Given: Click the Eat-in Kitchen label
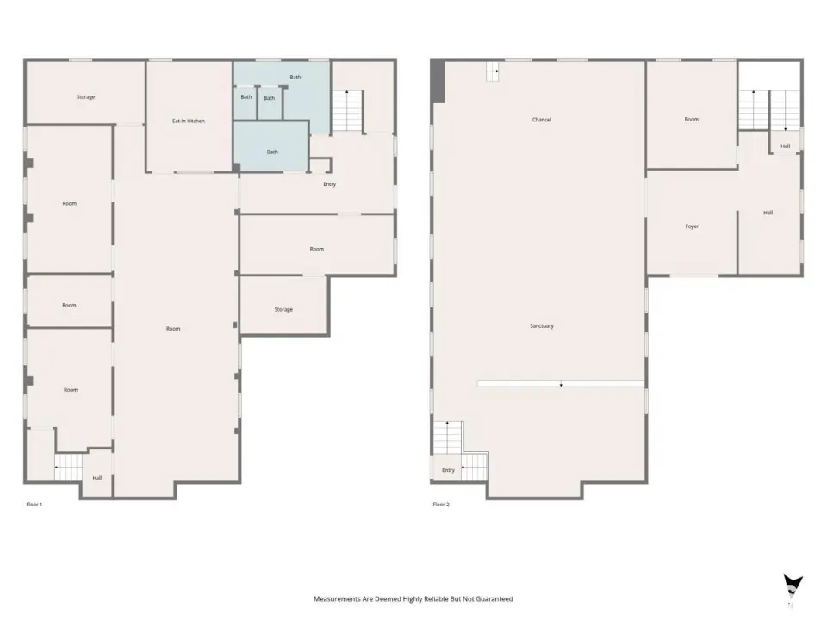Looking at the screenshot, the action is [189, 121].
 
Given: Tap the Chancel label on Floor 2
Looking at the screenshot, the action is [542, 120].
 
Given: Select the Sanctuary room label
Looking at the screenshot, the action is [542, 325].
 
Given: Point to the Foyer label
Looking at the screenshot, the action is [692, 226].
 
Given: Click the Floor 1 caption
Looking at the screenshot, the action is [34, 505].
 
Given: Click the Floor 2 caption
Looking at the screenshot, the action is [441, 505].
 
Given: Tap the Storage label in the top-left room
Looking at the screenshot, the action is [85, 97].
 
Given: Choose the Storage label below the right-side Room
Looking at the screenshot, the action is [283, 309].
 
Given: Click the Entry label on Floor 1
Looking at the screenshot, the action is [330, 184].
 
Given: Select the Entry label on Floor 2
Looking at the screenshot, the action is [448, 470].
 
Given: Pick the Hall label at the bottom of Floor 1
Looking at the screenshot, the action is [97, 478].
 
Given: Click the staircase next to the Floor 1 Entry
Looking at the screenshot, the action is [347, 111].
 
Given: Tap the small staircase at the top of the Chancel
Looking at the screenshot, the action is [493, 71].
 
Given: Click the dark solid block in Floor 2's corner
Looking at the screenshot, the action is [438, 81].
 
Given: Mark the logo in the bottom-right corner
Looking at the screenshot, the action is [793, 589].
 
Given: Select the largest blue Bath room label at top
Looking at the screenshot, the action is [295, 77].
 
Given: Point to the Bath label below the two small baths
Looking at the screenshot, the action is [272, 152].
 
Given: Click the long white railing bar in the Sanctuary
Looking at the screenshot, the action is [561, 384].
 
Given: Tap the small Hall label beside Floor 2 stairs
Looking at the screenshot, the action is [786, 146].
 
